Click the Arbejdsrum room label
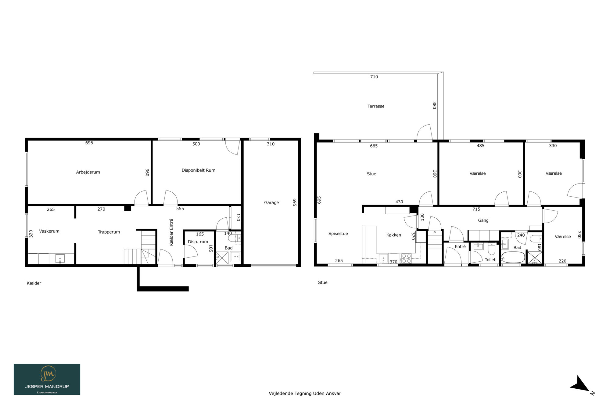coord(88,172)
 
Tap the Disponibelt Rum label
coord(199,170)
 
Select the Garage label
coord(271,203)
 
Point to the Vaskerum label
coord(49,231)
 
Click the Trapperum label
coord(109,232)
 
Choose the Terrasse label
coord(376,106)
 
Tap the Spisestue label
coord(338,234)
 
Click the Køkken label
coord(393,235)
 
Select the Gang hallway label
coord(483,220)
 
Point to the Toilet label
coord(490,260)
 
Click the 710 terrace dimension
coord(374,77)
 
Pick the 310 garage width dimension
coord(271,144)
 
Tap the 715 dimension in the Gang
coord(476,209)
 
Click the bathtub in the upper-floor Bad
coord(513,257)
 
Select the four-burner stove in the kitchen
coord(406,258)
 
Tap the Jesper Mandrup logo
coord(47,379)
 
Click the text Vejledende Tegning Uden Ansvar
coord(305,394)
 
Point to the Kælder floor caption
coord(34,283)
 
